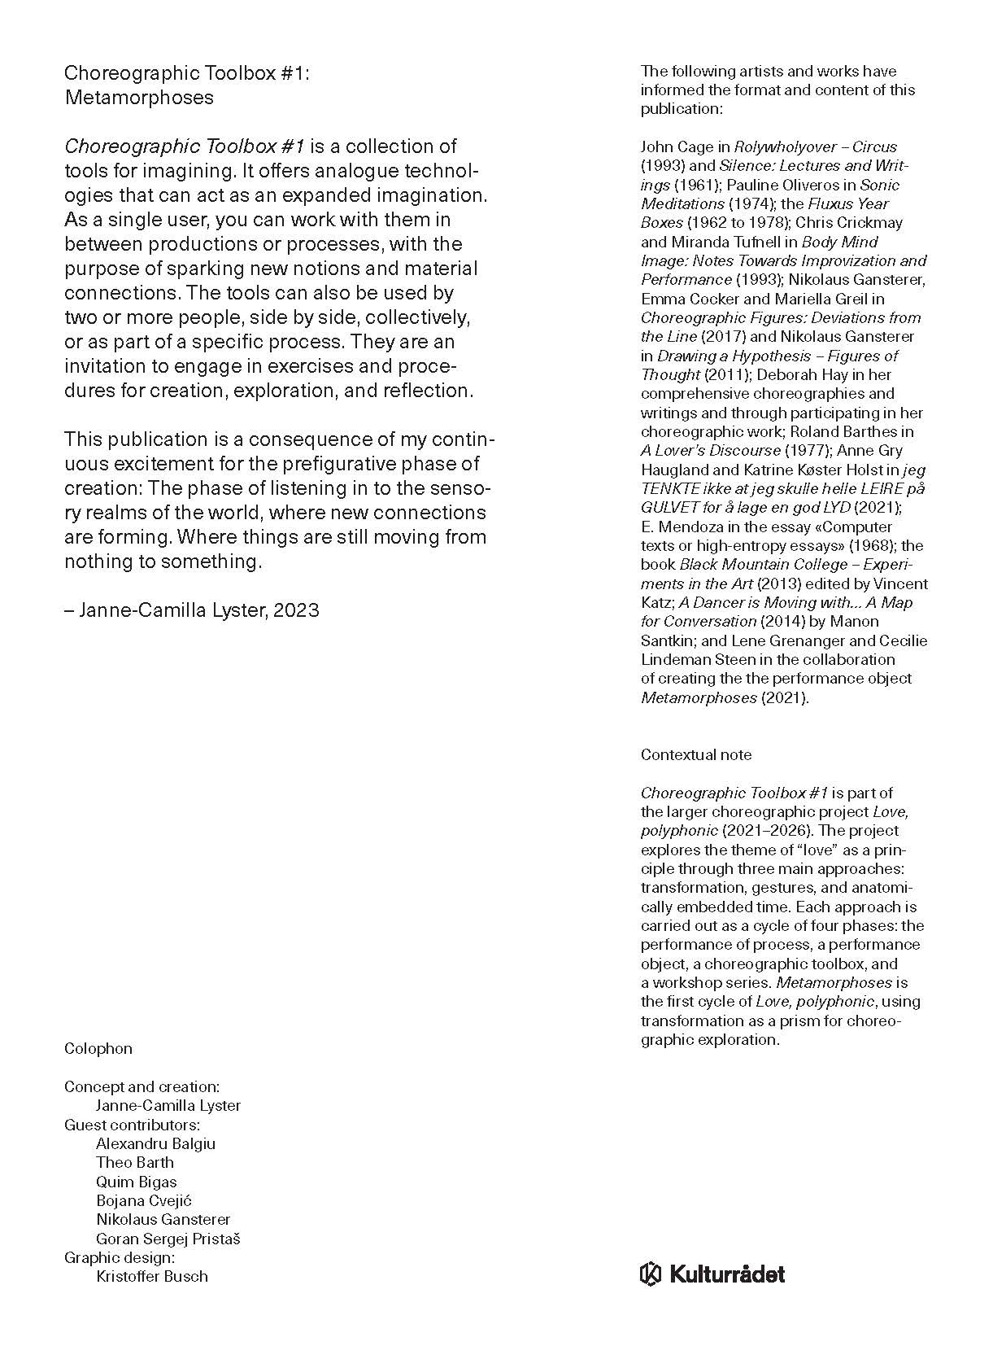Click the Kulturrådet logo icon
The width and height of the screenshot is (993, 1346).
[651, 1274]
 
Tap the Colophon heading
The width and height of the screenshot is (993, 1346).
[98, 1048]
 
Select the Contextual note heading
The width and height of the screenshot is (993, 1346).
[695, 754]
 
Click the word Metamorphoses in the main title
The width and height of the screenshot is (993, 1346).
[138, 98]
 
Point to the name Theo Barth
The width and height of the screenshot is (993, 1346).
[134, 1162]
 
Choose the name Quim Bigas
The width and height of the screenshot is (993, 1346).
[136, 1182]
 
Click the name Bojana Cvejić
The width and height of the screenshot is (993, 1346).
[144, 1200]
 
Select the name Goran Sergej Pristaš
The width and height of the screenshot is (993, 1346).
[168, 1239]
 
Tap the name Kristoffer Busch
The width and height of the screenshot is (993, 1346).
[151, 1276]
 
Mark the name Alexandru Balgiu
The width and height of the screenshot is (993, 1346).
[155, 1143]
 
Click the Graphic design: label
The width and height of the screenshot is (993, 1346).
[120, 1257]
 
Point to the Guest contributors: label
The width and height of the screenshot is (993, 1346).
[132, 1125]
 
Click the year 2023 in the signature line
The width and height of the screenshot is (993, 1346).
[296, 610]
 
